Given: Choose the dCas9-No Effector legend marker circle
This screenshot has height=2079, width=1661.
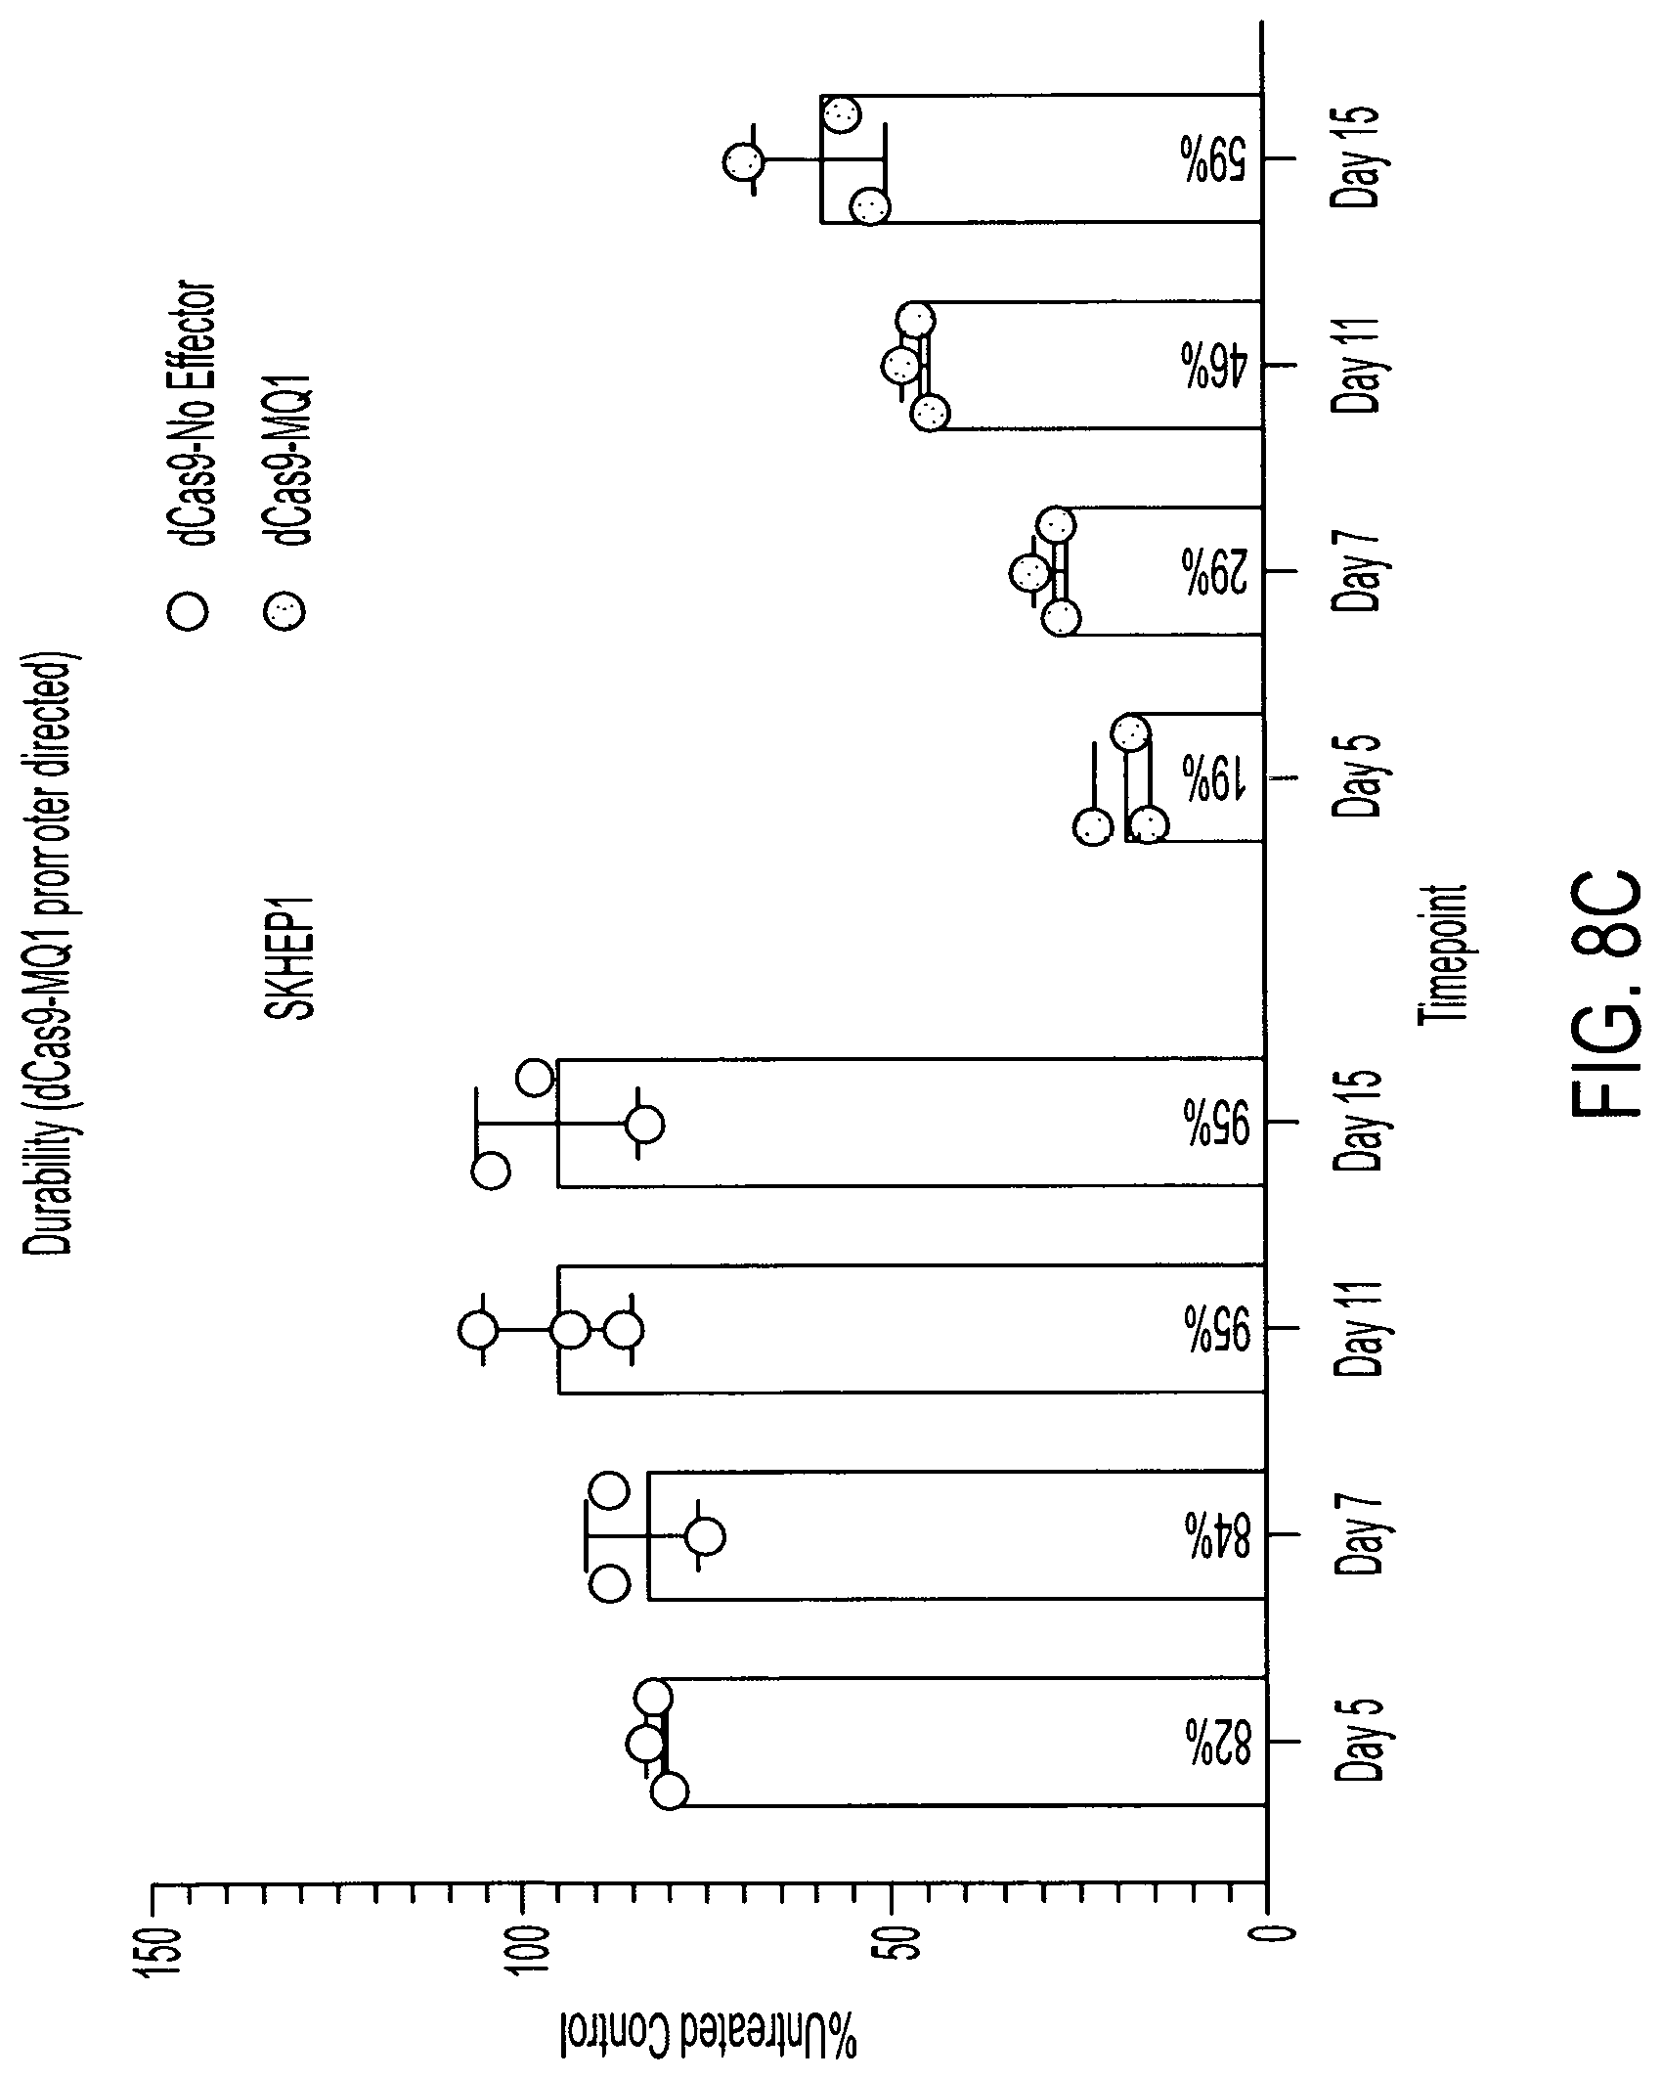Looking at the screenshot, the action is click(188, 612).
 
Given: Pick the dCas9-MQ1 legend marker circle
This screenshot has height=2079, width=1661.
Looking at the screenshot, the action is click(286, 612).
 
